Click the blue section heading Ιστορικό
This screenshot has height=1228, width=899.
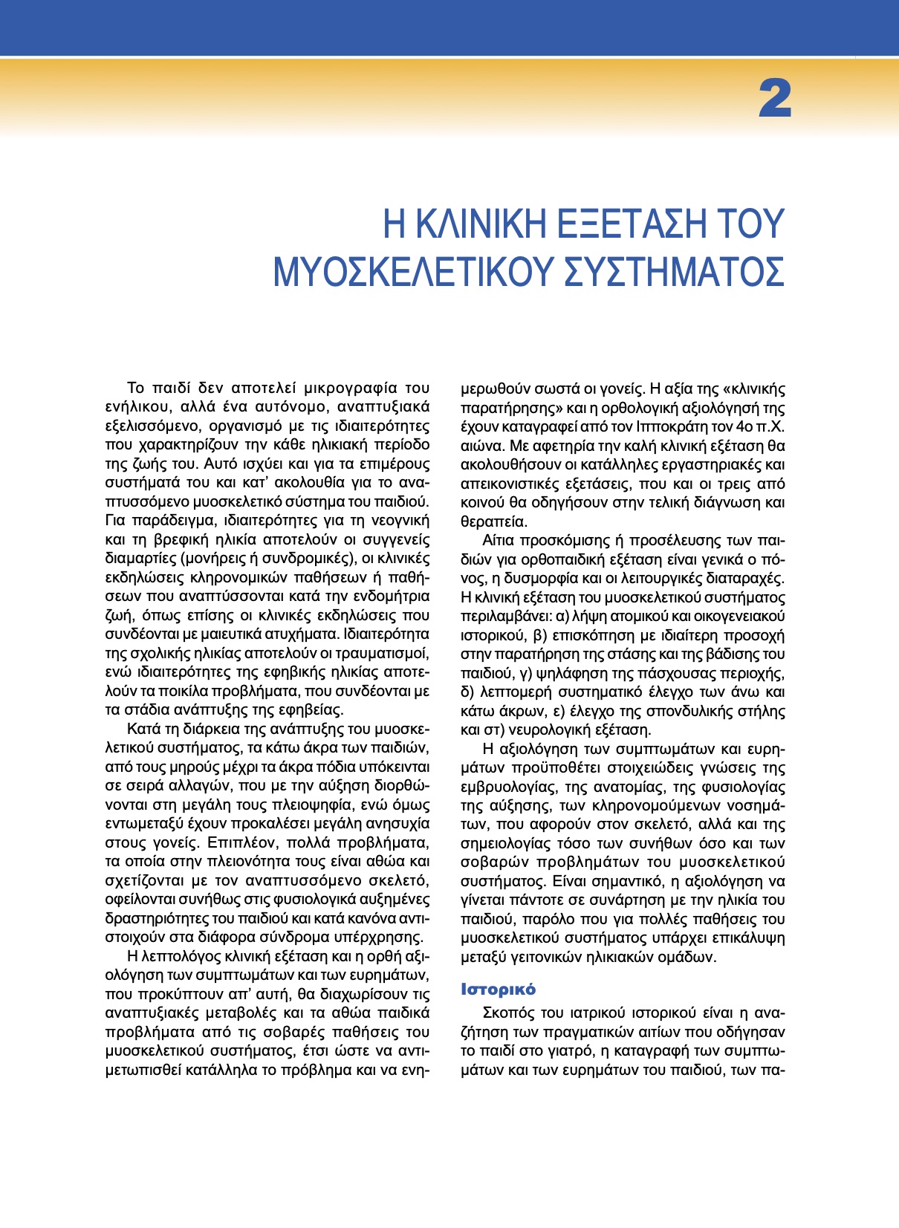498,990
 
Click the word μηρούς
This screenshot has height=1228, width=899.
195,766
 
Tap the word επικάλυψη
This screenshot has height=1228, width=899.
752,938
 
